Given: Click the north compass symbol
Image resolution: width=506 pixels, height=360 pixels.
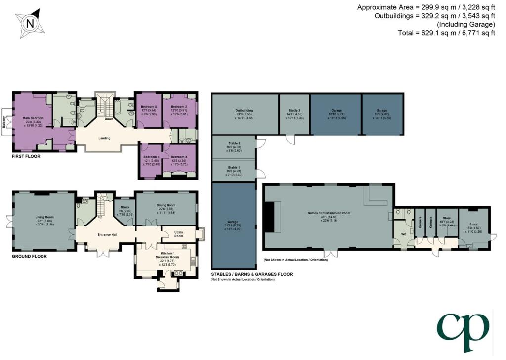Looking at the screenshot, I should click(x=31, y=23).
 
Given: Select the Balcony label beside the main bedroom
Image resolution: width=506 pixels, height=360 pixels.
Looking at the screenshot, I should click(x=5, y=120).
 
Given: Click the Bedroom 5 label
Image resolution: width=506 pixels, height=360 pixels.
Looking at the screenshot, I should click(x=149, y=106).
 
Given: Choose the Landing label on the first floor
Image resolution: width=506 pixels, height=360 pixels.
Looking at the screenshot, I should click(x=104, y=138).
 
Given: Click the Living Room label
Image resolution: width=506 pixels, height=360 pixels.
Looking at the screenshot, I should click(x=44, y=217).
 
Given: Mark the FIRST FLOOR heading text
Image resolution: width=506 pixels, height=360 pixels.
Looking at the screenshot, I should click(x=27, y=156).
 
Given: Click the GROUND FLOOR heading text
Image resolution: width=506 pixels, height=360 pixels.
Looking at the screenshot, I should click(x=30, y=257).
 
